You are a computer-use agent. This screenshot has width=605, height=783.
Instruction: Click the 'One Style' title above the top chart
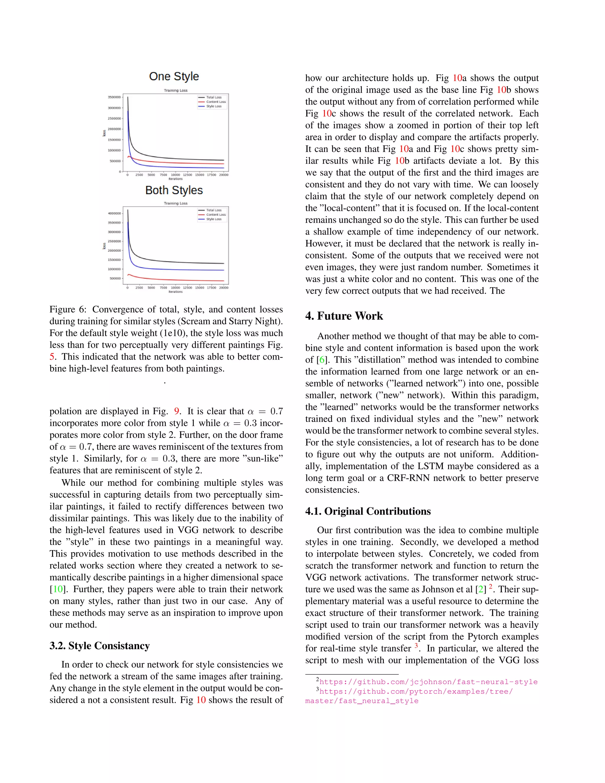[x=174, y=76]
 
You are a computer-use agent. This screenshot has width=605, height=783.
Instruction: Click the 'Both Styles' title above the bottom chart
[x=174, y=190]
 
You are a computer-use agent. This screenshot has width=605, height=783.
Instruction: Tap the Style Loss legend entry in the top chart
[x=214, y=106]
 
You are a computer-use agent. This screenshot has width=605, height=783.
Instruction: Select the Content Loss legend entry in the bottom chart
[x=216, y=215]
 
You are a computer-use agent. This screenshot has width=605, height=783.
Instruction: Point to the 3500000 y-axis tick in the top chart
[x=114, y=97]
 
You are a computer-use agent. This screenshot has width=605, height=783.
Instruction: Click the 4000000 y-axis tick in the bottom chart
[x=114, y=213]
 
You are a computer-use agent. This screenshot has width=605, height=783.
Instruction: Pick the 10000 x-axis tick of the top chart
[x=175, y=175]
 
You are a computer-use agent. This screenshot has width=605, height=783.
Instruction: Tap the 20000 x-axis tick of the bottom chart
[x=224, y=287]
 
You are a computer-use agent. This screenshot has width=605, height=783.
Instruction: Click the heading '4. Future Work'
[x=344, y=316]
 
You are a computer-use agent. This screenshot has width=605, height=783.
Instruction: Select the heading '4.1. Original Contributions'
[x=368, y=511]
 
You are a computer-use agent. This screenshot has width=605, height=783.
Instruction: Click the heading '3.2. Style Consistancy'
[x=99, y=646]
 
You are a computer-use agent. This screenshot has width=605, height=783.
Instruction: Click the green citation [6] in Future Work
[x=322, y=360]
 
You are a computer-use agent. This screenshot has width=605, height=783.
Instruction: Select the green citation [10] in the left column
[x=58, y=589]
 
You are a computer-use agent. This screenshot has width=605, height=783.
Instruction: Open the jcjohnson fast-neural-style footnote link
[x=428, y=682]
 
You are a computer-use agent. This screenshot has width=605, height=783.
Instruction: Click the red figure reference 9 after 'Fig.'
[x=176, y=411]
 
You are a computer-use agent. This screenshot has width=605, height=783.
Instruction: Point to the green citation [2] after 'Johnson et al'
[x=480, y=589]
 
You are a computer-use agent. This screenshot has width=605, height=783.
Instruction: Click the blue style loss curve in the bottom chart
[x=179, y=269]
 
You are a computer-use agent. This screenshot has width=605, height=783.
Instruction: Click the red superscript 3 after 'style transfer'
[x=416, y=646]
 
